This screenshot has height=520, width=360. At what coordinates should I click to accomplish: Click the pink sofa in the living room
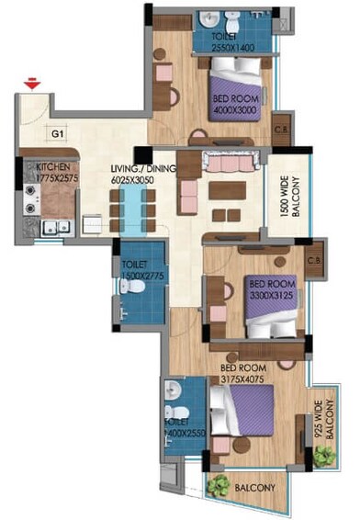coord(220,164)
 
